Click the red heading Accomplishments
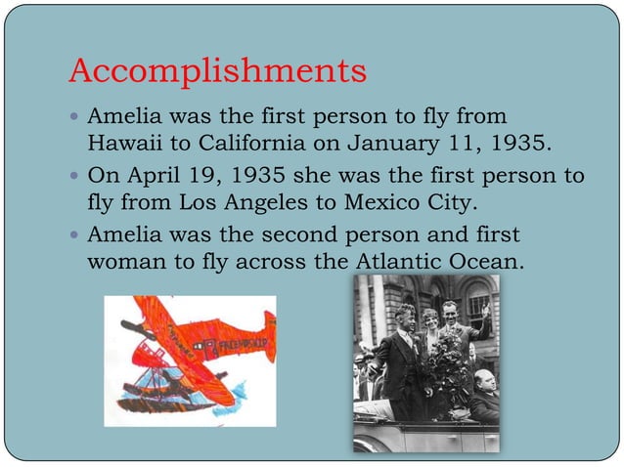tap(217, 70)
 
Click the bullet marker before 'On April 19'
tap(76, 178)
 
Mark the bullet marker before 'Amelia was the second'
tap(76, 236)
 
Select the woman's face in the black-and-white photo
tap(430, 322)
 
